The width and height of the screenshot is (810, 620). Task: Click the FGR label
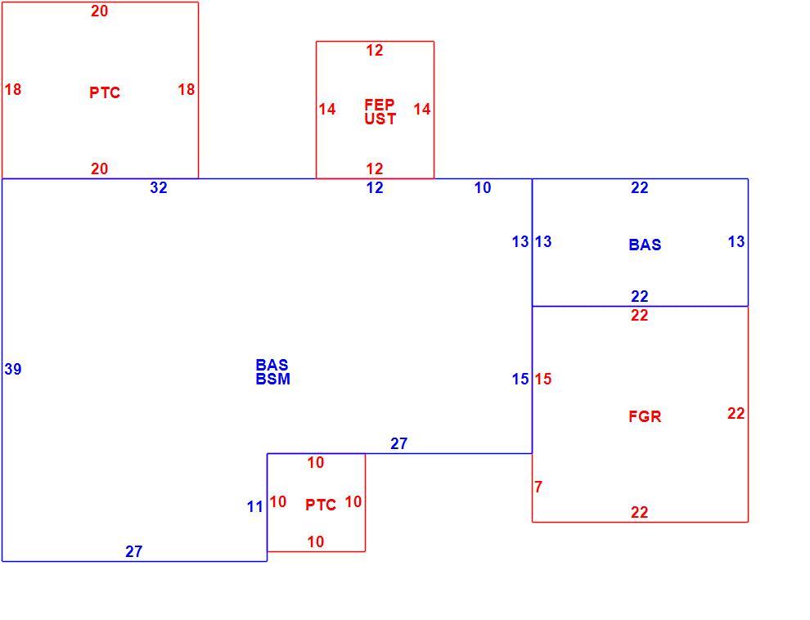coord(645,416)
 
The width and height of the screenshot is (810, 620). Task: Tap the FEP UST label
coord(380,111)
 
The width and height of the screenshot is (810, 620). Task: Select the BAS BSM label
coord(272,371)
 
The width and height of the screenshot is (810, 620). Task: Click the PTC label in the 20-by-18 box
coord(105,92)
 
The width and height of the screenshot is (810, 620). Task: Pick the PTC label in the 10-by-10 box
coord(321,505)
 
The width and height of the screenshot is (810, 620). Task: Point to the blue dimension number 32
coord(159,187)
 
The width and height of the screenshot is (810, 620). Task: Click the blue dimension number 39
coord(13,369)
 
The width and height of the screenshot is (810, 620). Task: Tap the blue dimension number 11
coord(255,507)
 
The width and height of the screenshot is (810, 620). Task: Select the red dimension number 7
coord(538,487)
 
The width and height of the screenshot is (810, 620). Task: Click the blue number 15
coord(520,379)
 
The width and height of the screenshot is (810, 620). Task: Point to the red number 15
coord(543,379)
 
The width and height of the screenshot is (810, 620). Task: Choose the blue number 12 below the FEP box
coord(375,187)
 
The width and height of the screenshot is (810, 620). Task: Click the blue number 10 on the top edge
coord(483,187)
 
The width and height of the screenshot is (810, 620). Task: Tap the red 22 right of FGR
coord(736,413)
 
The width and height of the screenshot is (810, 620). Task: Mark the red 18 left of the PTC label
coord(13,89)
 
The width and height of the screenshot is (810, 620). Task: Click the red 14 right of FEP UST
coord(422,109)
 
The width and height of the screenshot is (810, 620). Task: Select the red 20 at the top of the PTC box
coord(100,11)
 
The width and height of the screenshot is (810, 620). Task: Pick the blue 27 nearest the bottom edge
coord(134,551)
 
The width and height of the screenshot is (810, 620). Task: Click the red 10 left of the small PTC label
coord(278,501)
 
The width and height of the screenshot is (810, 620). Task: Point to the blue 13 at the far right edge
coord(736,241)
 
